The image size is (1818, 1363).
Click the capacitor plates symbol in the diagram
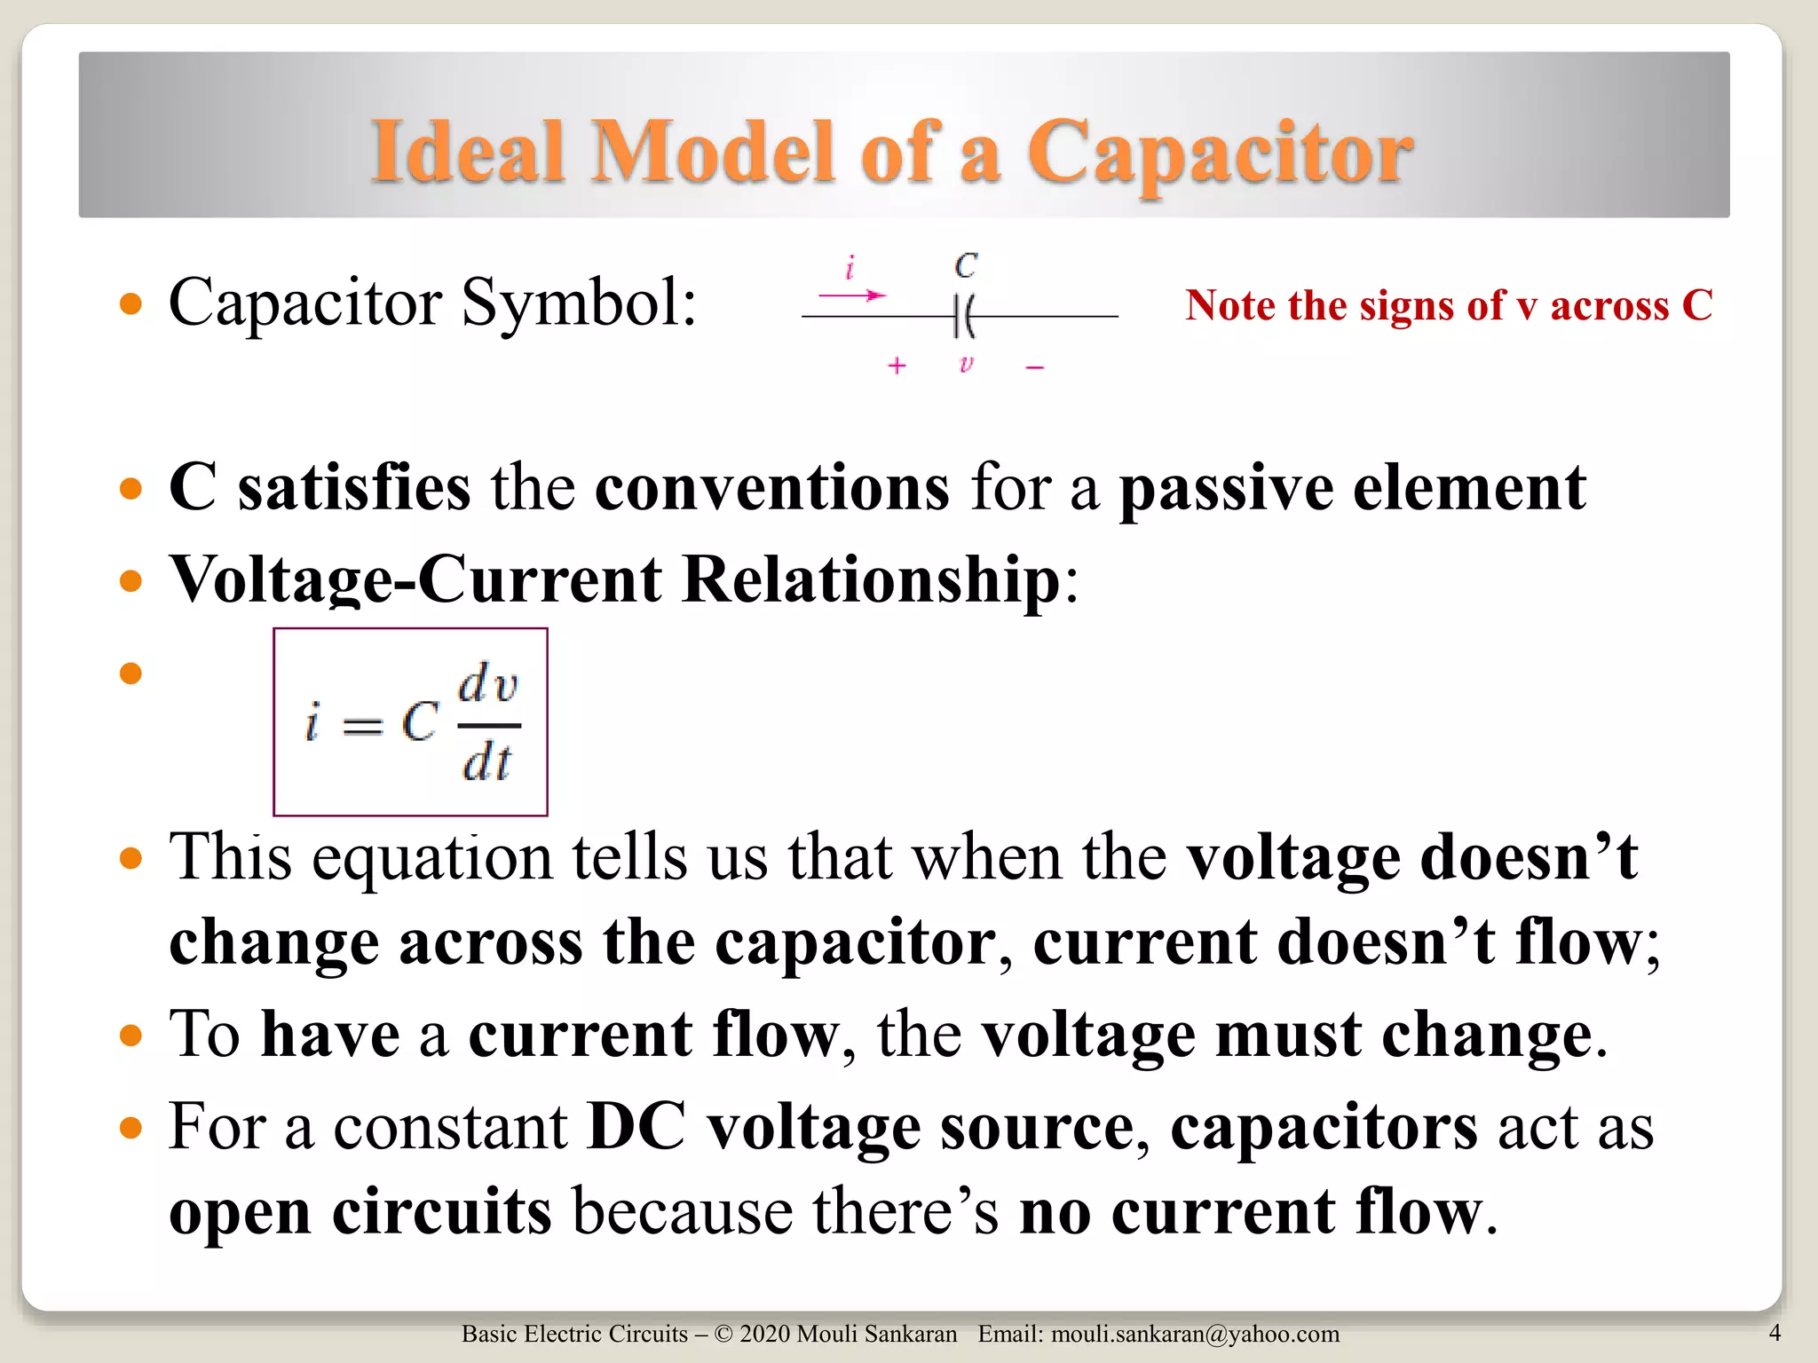point(964,316)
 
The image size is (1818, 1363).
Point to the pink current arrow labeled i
point(852,295)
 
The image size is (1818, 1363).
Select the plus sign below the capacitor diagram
point(897,366)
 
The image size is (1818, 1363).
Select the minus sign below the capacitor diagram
point(1034,366)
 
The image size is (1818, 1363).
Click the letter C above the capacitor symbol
point(966,265)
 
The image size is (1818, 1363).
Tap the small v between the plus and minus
point(966,364)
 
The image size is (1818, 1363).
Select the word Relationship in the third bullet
point(871,580)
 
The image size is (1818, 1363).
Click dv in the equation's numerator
point(487,684)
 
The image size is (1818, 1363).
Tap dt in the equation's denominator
point(486,762)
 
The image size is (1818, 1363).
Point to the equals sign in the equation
point(362,727)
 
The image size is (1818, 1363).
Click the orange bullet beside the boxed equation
point(130,674)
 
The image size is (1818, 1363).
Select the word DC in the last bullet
point(636,1127)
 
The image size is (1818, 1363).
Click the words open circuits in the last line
point(360,1212)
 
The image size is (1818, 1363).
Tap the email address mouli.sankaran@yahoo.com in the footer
point(1195,1334)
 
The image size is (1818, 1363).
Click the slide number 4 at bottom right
point(1775,1332)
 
